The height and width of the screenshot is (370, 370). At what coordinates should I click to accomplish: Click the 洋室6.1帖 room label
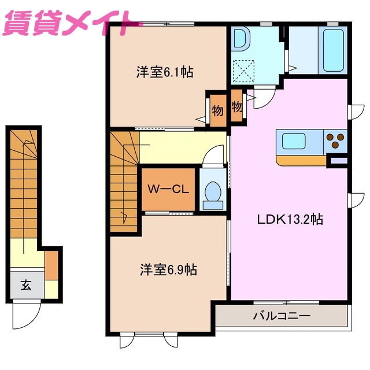coord(164,73)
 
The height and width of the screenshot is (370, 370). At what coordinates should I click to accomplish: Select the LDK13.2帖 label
coord(290,219)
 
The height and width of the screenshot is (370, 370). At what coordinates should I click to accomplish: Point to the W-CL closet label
coord(168,189)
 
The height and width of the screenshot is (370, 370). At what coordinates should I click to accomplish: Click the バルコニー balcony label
coord(282,316)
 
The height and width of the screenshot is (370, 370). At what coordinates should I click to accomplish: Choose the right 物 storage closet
coord(237,106)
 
